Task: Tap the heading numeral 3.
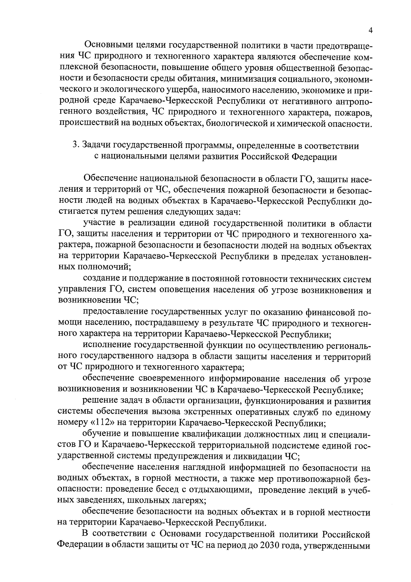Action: tap(74, 146)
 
